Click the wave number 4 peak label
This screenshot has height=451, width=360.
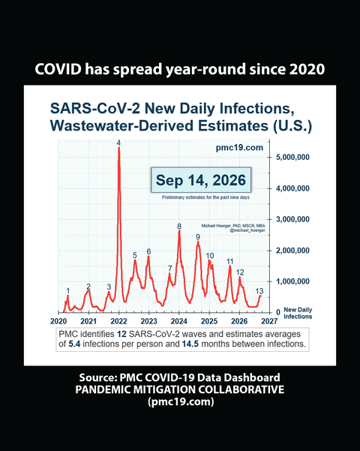[x=118, y=143]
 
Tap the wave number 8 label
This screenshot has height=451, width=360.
[x=179, y=226]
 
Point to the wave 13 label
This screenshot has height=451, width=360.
[x=259, y=291]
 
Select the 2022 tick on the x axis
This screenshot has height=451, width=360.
[x=118, y=321]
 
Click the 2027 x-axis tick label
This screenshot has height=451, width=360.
[x=269, y=321]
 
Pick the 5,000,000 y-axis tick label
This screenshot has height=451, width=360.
[x=292, y=158]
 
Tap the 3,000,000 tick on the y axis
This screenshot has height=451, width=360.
[x=292, y=219]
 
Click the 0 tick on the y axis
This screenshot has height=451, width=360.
[x=278, y=312]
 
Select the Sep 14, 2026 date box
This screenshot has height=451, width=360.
[x=201, y=180]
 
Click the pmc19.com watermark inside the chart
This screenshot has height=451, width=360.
[x=239, y=148]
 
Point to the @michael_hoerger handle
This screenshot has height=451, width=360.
[x=247, y=230]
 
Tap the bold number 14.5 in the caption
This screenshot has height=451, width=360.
[x=190, y=344]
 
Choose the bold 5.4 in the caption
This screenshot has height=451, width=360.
[x=74, y=344]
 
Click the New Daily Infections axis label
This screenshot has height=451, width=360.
[x=298, y=313]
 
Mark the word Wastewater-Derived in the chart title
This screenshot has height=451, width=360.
[x=121, y=125]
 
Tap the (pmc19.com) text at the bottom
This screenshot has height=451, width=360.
[x=181, y=401]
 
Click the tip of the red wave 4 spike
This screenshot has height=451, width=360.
[x=118, y=147]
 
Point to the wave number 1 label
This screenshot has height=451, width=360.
[x=68, y=291]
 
